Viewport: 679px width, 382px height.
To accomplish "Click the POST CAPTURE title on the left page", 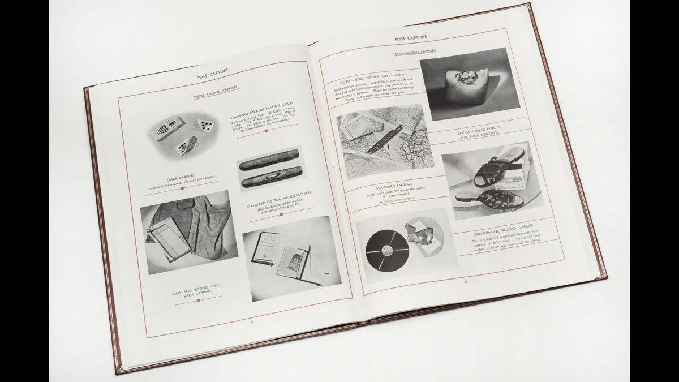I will coord(212,75).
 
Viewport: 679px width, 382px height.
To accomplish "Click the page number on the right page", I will coord(465,281).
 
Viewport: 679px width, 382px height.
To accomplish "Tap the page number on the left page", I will coord(251,322).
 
